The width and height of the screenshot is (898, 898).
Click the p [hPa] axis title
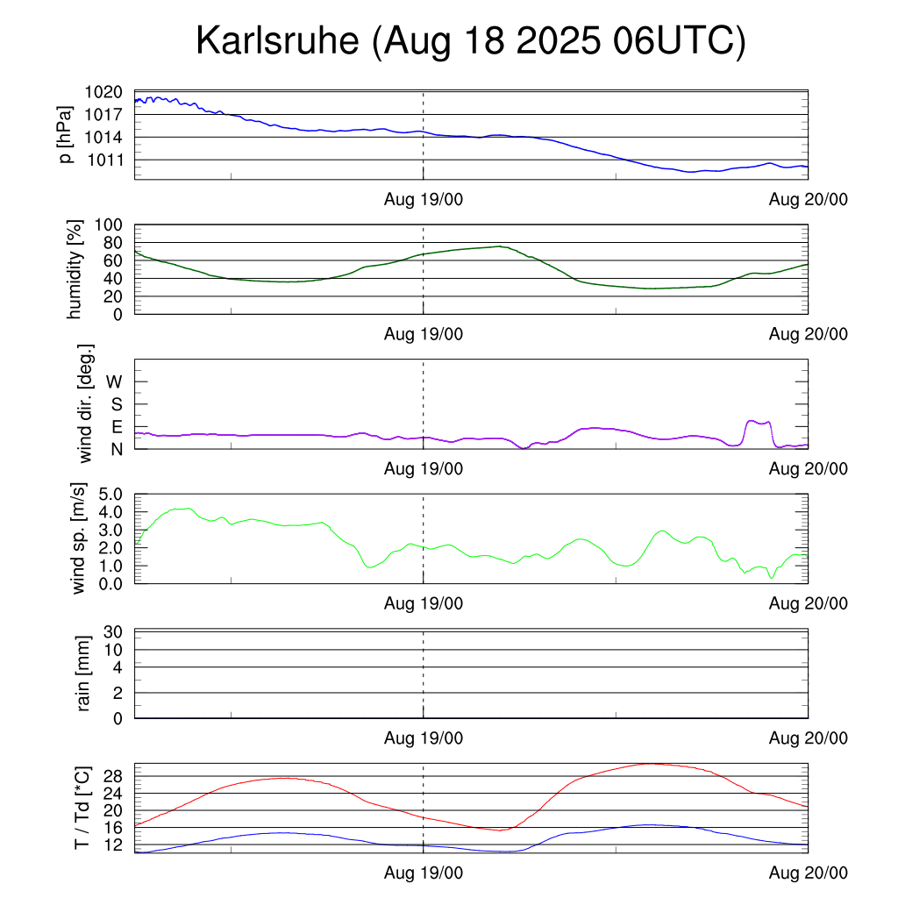point(66,135)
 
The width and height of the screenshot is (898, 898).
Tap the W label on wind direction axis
point(114,381)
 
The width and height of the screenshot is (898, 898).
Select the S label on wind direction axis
point(116,404)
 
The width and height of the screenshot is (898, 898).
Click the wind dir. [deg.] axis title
point(86,403)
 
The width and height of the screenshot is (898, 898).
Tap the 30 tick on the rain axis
point(114,632)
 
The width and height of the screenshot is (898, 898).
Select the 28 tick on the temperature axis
point(114,775)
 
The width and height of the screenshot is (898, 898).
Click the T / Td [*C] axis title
point(81,808)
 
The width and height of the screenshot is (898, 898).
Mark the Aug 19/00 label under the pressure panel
point(424,199)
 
